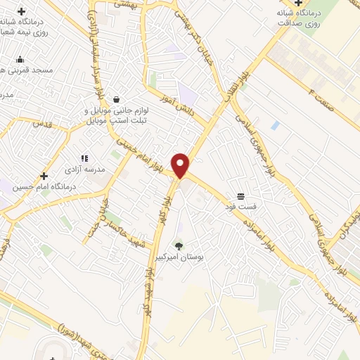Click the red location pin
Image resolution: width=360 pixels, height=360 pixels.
181,165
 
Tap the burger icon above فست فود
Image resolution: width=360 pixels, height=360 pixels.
241,195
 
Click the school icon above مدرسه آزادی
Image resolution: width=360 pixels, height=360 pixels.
84,159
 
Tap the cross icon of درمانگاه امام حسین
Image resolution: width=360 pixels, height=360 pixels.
44,176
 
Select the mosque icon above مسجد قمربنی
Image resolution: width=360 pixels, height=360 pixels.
20,59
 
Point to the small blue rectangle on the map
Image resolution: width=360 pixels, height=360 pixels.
275,126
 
